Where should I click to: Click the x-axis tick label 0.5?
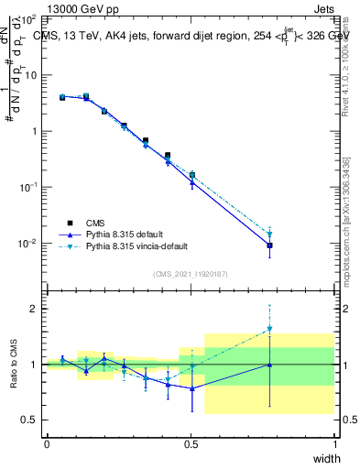pyautogui.click(x=191, y=444)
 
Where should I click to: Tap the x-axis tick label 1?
pyautogui.click(x=335, y=444)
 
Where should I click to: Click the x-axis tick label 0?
pyautogui.click(x=47, y=444)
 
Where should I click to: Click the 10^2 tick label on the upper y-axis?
pyautogui.click(x=27, y=18)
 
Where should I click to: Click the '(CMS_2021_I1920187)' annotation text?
pyautogui.click(x=191, y=273)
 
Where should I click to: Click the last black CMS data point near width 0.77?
pyautogui.click(x=269, y=245)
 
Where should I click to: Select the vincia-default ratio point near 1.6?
pyautogui.click(x=269, y=329)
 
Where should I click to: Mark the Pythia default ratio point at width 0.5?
pyautogui.click(x=192, y=388)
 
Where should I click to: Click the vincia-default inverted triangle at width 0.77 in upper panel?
pyautogui.click(x=269, y=234)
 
